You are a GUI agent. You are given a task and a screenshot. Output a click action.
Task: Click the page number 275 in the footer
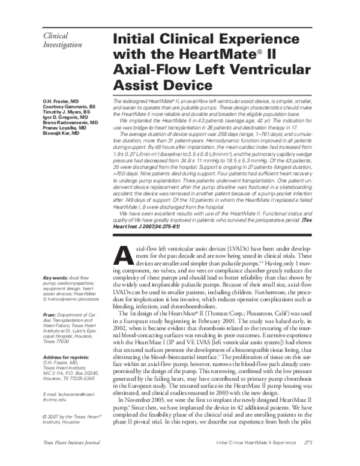[x=310, y=460]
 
